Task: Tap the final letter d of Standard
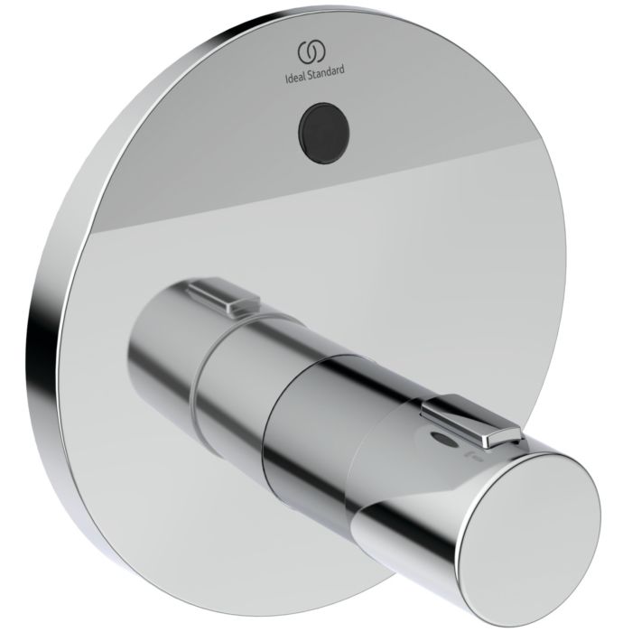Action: pyautogui.click(x=341, y=68)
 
